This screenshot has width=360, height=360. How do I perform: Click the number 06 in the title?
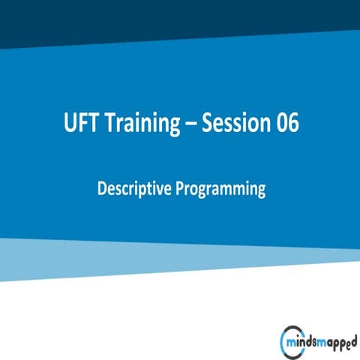tap(286, 124)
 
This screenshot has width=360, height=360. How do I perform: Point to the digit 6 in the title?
tap(293, 124)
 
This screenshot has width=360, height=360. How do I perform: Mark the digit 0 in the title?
tap(280, 124)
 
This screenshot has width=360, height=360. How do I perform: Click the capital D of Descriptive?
tap(102, 189)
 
